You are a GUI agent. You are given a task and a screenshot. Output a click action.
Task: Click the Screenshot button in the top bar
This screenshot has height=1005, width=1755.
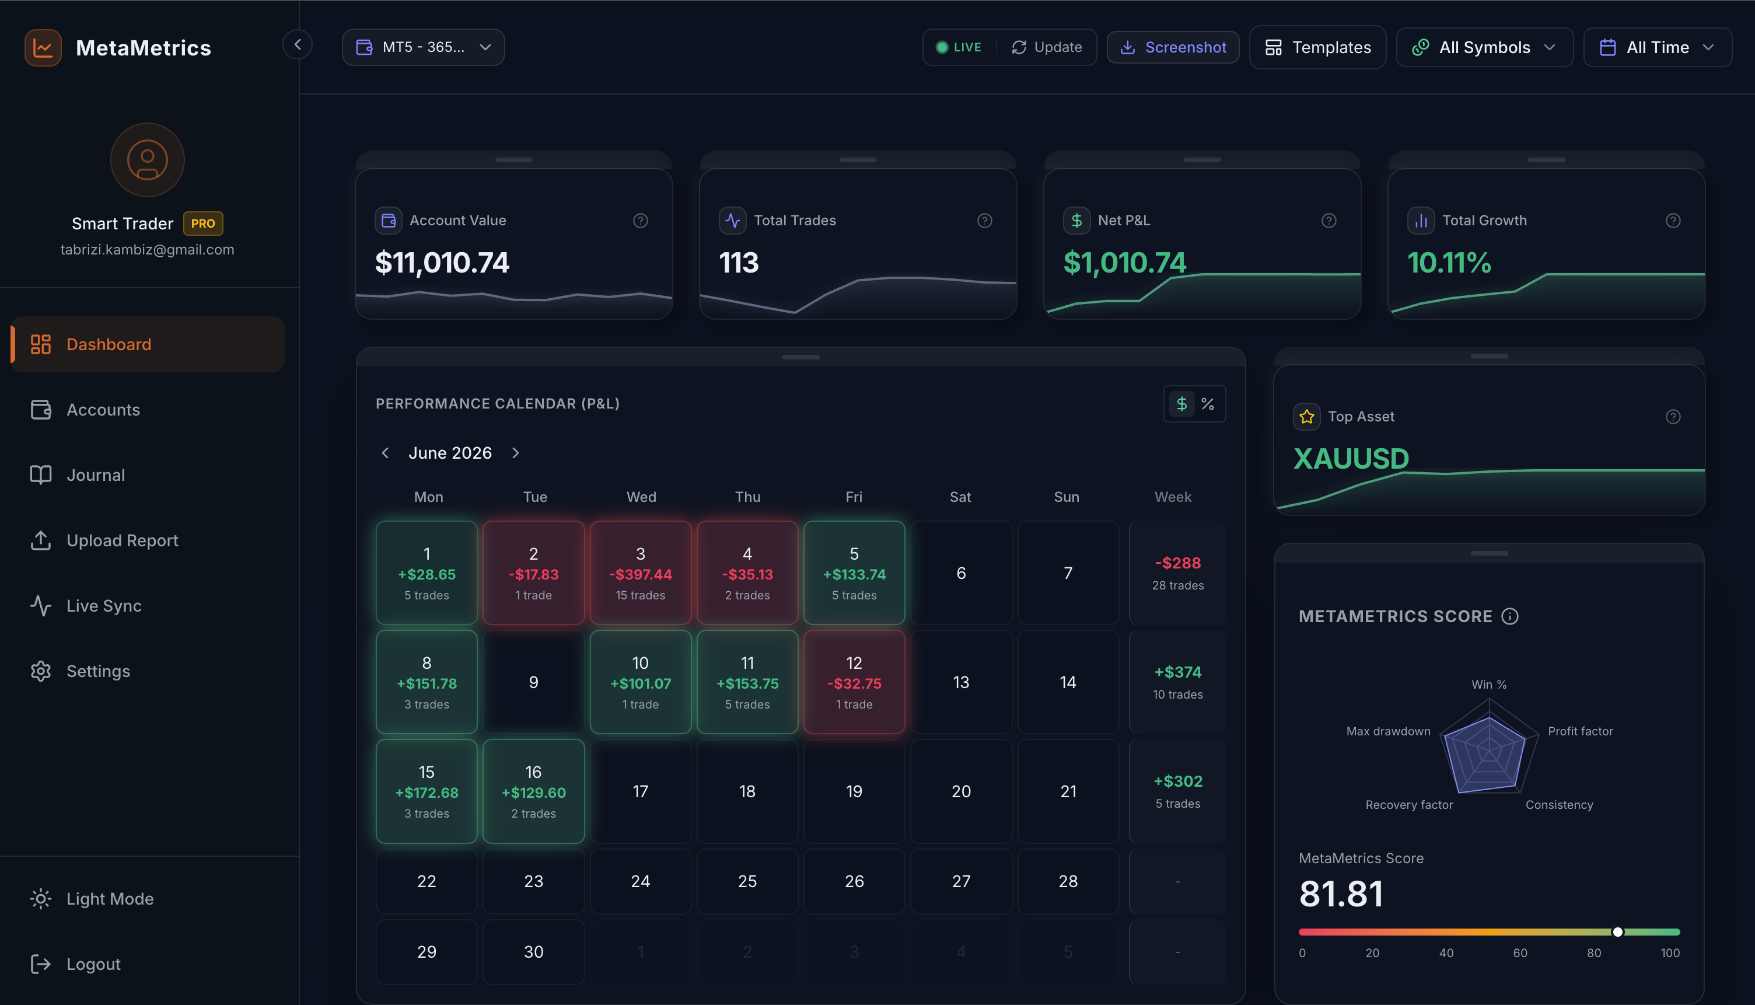1173,47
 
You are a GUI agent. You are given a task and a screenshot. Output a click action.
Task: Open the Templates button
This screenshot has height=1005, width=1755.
1317,47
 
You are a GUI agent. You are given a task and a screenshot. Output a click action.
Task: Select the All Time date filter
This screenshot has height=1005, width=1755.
1657,47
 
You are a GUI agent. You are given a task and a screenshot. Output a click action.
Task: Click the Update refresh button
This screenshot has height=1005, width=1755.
1047,47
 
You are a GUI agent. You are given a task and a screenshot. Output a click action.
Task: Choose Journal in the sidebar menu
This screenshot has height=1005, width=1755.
96,475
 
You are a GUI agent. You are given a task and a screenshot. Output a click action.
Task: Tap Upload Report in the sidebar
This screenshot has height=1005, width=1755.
122,540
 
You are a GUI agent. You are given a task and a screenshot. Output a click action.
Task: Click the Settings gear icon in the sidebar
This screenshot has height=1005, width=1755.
41,671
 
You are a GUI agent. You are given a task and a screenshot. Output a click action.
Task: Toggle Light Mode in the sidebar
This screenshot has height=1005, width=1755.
110,899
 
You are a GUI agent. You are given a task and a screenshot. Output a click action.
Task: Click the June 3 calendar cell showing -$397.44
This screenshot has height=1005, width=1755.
640,573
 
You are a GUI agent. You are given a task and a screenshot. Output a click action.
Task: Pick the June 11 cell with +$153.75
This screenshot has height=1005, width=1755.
747,682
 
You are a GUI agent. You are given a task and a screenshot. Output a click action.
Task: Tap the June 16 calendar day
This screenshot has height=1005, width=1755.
533,791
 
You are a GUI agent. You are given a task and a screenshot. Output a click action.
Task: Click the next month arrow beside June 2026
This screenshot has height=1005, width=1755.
515,453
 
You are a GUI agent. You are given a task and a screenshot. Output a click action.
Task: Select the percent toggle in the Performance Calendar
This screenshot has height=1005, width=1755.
1207,404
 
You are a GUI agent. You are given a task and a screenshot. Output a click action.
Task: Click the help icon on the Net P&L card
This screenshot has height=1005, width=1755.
1329,221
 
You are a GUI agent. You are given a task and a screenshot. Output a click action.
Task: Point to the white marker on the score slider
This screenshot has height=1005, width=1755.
1617,932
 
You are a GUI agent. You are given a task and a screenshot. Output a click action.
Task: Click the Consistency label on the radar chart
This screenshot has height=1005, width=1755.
1559,805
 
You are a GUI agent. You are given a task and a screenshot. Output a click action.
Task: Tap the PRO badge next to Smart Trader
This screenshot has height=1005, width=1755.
203,224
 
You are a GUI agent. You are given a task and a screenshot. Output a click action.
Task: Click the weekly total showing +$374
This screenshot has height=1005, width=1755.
1177,672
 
